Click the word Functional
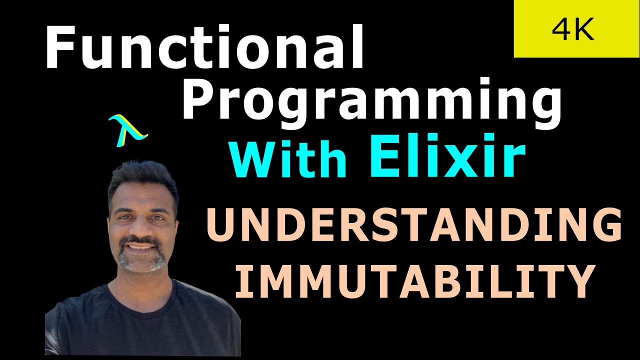click(204, 47)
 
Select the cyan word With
click(287, 159)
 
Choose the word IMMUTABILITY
click(413, 281)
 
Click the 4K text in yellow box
click(573, 30)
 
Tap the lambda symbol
click(127, 130)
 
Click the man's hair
click(142, 177)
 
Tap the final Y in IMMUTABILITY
click(578, 281)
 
